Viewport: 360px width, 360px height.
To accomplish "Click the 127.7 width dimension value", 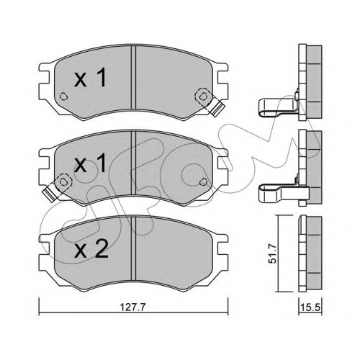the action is coord(132,307).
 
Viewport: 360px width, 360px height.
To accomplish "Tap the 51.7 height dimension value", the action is coord(273,253).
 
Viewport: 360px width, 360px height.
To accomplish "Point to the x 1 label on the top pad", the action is coord(90,77).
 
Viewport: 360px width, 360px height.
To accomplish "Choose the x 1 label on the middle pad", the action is coord(90,163).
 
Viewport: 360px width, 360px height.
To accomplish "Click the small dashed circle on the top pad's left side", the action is coord(63,96).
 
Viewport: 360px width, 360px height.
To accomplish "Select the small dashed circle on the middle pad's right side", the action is coord(203,182).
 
